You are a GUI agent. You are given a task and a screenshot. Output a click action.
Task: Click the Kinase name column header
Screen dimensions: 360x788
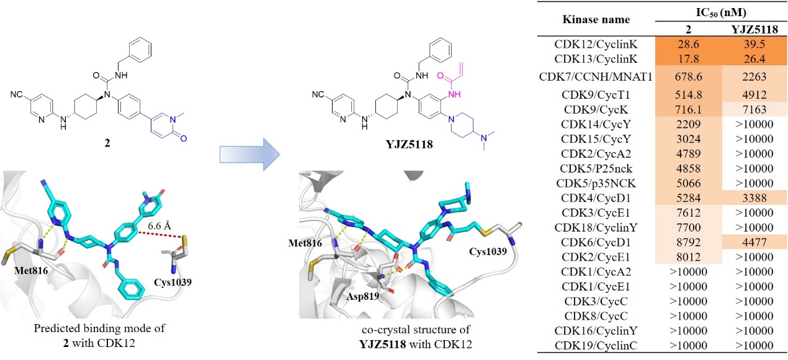tap(595, 20)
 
